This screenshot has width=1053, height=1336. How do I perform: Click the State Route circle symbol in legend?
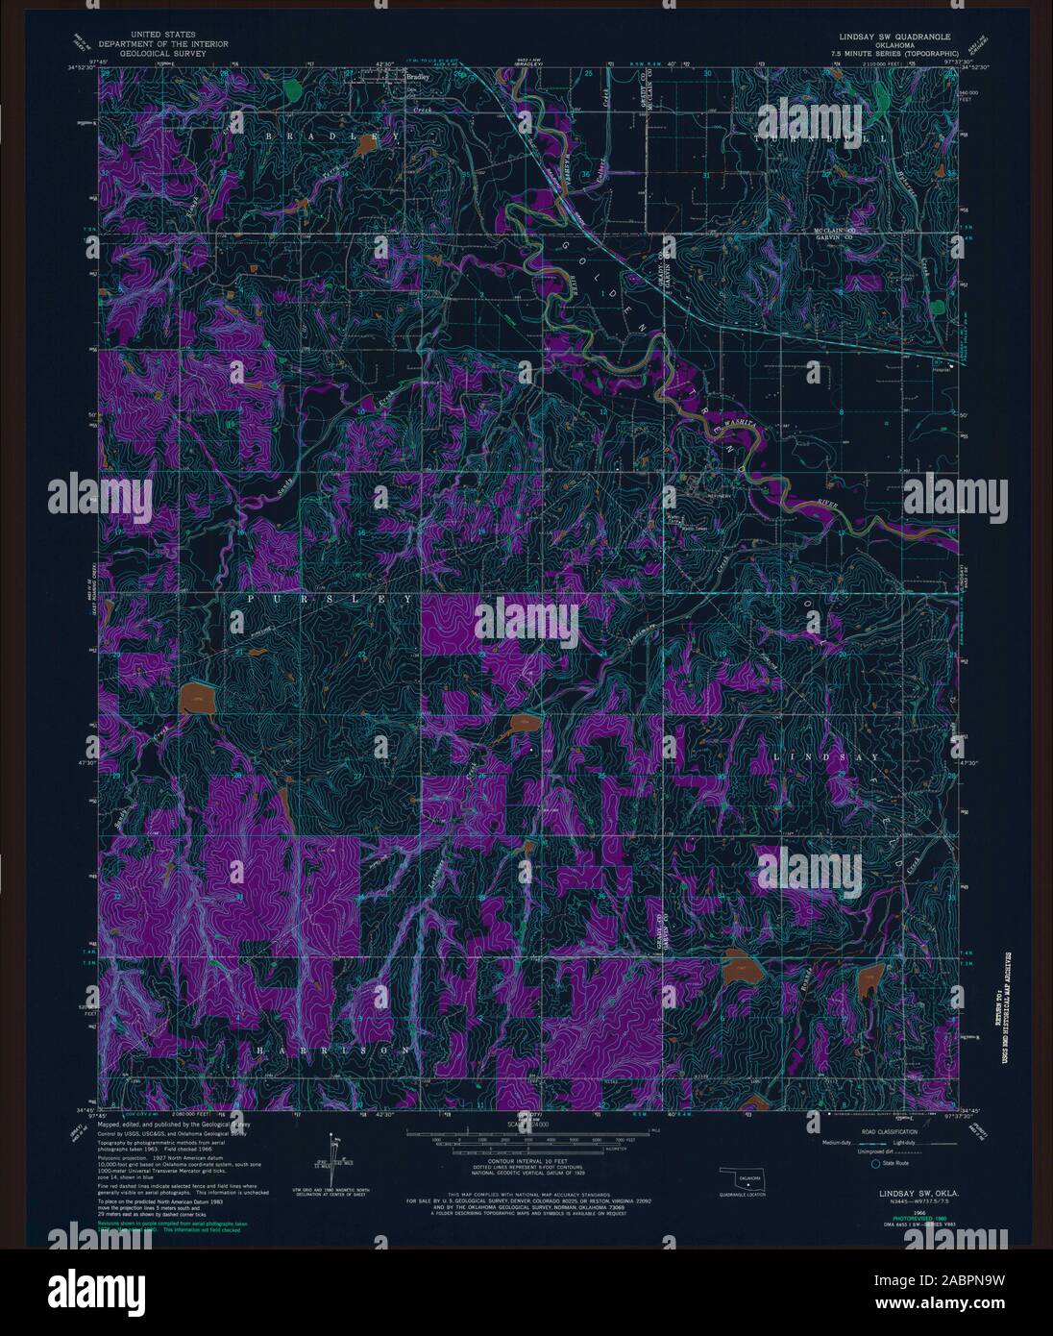(874, 1164)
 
